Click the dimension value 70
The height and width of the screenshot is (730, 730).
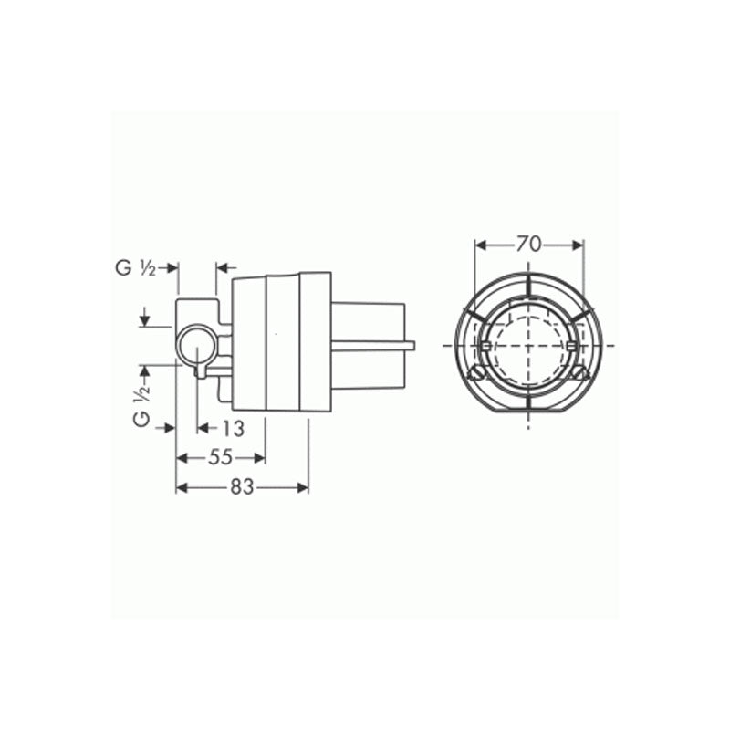pyautogui.click(x=528, y=244)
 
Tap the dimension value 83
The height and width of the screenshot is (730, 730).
pyautogui.click(x=241, y=487)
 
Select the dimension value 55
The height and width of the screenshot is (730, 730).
pyautogui.click(x=220, y=458)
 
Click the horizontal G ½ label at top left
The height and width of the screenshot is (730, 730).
pyautogui.click(x=138, y=267)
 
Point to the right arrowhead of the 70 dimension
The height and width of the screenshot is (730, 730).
pyautogui.click(x=578, y=244)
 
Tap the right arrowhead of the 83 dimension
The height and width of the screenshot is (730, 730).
pyautogui.click(x=304, y=487)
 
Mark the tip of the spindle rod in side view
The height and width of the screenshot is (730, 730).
pyautogui.click(x=413, y=346)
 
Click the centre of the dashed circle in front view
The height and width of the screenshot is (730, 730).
pyautogui.click(x=528, y=346)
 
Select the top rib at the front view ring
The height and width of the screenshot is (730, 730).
pyautogui.click(x=528, y=284)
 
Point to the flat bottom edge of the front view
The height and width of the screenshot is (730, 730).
pyautogui.click(x=528, y=412)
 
